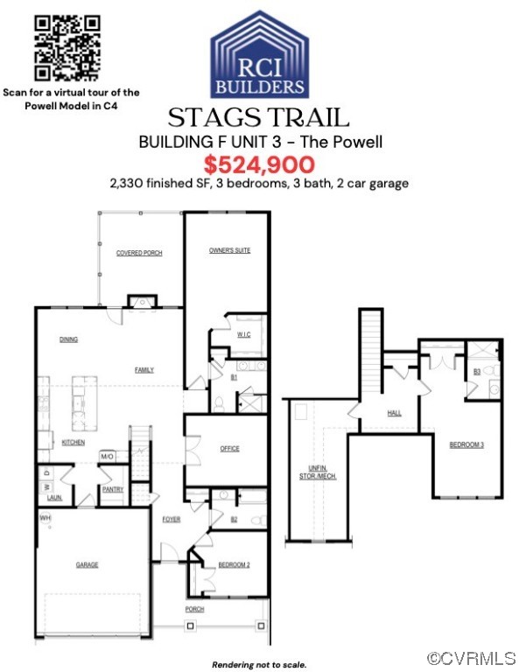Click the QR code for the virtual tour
(x=66, y=48)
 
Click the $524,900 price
(x=259, y=164)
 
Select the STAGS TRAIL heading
(x=258, y=117)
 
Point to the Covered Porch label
(x=139, y=253)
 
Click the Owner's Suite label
(x=229, y=251)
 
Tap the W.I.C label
(x=244, y=335)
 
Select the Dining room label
(x=68, y=339)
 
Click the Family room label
(x=144, y=370)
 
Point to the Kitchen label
(x=74, y=443)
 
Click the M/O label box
(x=108, y=457)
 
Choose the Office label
(x=230, y=449)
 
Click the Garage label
(x=87, y=565)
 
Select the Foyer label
(x=171, y=520)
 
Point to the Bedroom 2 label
(x=234, y=564)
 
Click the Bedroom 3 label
(x=466, y=445)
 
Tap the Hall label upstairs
(x=395, y=413)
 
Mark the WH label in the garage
(x=44, y=518)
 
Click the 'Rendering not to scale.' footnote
(x=259, y=664)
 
